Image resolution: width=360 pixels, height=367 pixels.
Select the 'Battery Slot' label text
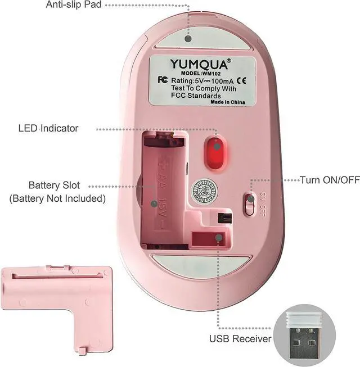tap(54, 185)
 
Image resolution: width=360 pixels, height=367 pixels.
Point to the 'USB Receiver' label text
tap(240, 339)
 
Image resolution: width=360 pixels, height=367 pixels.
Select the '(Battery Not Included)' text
tap(57, 198)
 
